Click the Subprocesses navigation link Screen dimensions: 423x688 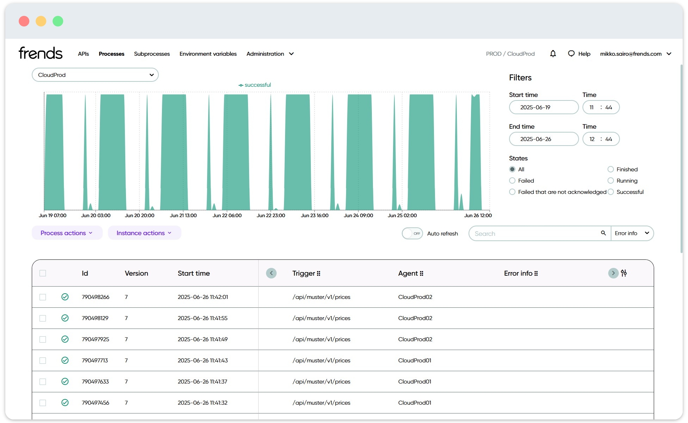tap(152, 54)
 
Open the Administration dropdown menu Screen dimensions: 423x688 tap(270, 54)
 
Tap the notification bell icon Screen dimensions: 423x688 tap(553, 54)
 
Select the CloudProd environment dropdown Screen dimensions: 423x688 tap(95, 75)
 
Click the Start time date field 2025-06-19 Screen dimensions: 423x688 tap(543, 107)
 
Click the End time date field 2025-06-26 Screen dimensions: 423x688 tap(543, 139)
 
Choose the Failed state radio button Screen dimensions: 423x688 tap(512, 181)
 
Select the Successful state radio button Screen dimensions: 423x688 tap(611, 192)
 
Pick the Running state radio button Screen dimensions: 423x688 tap(611, 181)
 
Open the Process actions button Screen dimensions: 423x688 tap(67, 233)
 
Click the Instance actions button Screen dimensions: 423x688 tap(144, 233)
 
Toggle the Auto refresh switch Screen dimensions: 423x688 tap(412, 233)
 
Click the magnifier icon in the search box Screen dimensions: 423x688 tap(603, 233)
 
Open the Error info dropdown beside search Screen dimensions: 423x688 tap(632, 233)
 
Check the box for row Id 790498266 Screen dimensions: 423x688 tap(43, 297)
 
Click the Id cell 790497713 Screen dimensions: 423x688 tap(95, 361)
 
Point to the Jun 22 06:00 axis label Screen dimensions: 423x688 tap(227, 215)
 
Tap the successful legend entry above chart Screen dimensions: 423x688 tap(255, 85)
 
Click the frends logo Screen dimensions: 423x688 tap(41, 53)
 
